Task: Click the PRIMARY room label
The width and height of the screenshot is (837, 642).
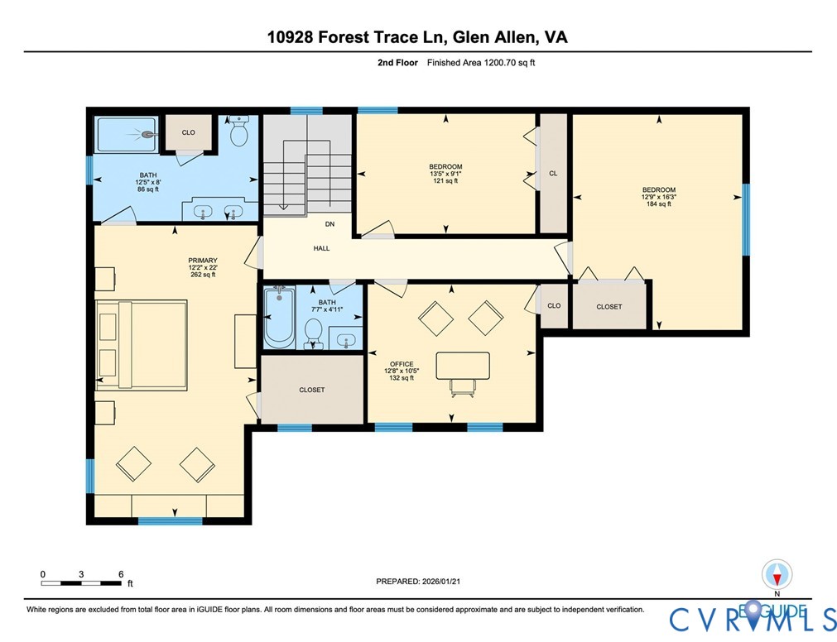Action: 201,261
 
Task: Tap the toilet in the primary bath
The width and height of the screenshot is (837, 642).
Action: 239,132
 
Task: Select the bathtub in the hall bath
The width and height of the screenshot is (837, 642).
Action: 279,317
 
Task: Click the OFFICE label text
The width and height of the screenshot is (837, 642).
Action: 402,364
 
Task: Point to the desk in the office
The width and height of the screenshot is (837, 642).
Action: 463,367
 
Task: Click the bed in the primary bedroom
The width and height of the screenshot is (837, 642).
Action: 142,344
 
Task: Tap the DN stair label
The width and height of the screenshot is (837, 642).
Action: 330,224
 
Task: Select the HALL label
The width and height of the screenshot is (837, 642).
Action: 321,248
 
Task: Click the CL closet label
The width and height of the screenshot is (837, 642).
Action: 553,174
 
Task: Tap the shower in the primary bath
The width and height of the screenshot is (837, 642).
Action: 126,135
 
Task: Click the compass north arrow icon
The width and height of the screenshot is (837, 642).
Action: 777,575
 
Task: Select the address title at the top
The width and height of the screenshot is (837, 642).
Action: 417,36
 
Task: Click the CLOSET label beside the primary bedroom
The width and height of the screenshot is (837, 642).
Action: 311,390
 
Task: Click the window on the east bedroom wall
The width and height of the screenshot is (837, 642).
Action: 745,218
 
